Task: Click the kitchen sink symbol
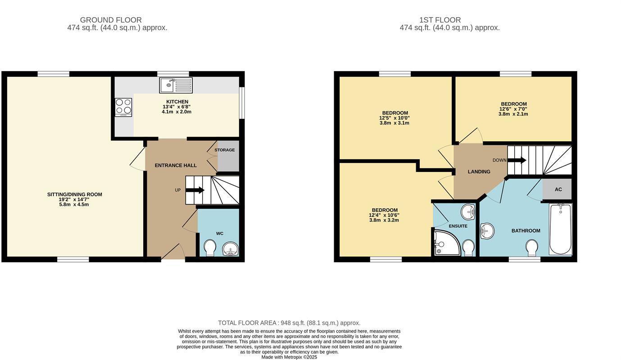[176, 85]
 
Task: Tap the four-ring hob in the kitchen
[123, 107]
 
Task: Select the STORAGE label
[224, 150]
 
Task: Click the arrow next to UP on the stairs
[195, 190]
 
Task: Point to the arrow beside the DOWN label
[517, 160]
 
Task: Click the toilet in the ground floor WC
[210, 248]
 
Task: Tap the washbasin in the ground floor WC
[231, 249]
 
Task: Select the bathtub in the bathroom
[560, 229]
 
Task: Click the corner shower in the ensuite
[445, 243]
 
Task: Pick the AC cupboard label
[558, 189]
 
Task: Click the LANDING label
[479, 171]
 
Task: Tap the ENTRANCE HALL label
[176, 165]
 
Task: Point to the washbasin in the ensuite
[468, 210]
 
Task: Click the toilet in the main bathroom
[532, 247]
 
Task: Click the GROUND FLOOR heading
[111, 20]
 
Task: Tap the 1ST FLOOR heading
[440, 20]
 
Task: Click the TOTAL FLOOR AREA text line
[289, 323]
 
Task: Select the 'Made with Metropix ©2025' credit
[289, 357]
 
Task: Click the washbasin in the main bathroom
[487, 231]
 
